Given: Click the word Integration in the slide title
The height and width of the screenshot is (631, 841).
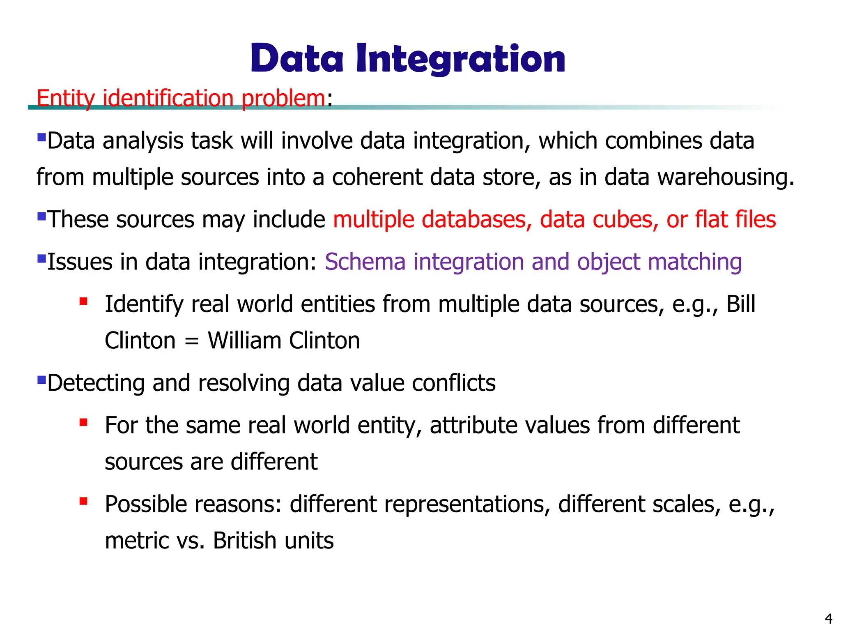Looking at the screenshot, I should click(x=460, y=60).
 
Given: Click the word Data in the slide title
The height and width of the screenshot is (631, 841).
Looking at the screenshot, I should click(x=297, y=60).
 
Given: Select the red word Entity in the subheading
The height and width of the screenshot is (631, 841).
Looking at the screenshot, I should click(x=66, y=99).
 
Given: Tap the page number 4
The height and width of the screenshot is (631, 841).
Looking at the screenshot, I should click(x=828, y=619).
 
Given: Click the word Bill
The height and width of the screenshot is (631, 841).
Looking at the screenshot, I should click(x=741, y=304).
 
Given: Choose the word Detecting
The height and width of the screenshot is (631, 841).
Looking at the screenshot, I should click(x=96, y=383).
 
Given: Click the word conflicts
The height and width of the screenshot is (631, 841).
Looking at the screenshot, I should click(x=453, y=383).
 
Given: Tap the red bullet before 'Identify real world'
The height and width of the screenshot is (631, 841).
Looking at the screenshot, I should click(x=84, y=302).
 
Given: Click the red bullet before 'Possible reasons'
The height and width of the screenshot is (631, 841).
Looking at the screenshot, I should click(x=84, y=501).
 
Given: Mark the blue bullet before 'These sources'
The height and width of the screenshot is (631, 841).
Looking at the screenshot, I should click(x=41, y=216).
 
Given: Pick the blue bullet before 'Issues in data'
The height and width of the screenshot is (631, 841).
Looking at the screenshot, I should click(x=41, y=259).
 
